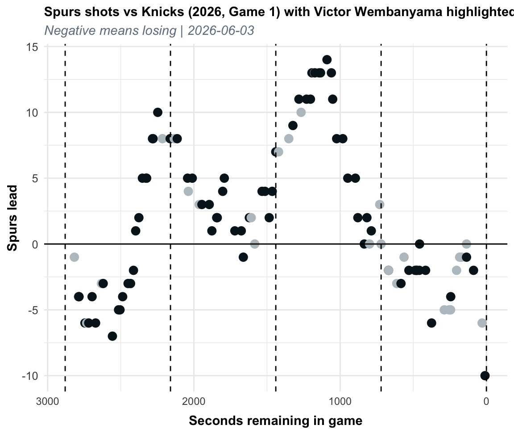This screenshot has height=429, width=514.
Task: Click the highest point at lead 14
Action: point(327,60)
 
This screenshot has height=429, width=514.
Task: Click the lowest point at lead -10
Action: point(485,375)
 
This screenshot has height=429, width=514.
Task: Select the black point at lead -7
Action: point(112,336)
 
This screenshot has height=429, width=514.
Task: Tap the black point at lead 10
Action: point(158,112)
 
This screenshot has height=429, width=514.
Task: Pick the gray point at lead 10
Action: point(301,112)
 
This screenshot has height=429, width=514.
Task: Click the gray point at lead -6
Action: point(482,323)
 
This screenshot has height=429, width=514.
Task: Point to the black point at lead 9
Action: point(293,126)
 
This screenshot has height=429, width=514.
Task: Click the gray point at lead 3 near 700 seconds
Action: point(380,205)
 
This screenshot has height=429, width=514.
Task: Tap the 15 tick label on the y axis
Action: point(32,47)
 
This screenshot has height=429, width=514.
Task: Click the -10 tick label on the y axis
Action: point(30,376)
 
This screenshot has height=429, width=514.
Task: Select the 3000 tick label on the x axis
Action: point(48,401)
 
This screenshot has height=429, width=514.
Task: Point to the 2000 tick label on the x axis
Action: point(194,401)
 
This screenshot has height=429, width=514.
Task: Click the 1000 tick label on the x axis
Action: point(340,401)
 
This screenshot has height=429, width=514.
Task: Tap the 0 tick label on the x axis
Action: point(486,401)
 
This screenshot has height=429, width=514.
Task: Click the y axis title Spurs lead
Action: point(12,218)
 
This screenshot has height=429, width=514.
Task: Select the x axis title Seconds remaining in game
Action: point(276,421)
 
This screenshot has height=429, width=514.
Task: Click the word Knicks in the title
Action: point(158,12)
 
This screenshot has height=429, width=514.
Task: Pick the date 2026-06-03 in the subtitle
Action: point(221,30)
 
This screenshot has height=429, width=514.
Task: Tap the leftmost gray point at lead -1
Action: point(75,257)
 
